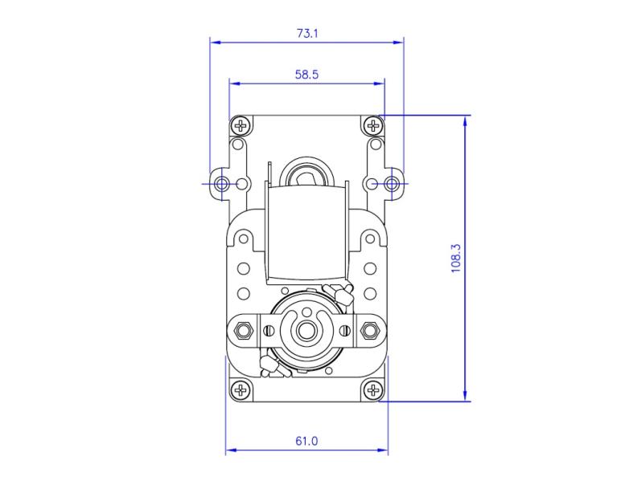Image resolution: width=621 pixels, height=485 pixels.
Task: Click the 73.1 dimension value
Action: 307,34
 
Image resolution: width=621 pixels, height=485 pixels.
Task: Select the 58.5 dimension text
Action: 307,75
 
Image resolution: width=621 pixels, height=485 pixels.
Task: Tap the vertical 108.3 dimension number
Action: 456,259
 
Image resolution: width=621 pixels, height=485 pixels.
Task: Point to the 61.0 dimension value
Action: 307,441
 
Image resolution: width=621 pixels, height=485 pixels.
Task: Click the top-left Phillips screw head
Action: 241,125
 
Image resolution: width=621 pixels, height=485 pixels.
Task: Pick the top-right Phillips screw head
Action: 372,125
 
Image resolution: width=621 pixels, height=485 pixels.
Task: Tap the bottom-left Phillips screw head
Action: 241,390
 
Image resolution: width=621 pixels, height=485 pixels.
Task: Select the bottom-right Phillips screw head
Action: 372,390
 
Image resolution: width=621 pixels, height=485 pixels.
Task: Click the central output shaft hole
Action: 306,328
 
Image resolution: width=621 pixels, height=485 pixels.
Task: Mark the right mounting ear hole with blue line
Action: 392,184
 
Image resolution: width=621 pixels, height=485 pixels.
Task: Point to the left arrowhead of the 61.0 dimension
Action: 229,450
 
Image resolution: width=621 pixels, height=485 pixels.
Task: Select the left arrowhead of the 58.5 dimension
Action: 233,82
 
